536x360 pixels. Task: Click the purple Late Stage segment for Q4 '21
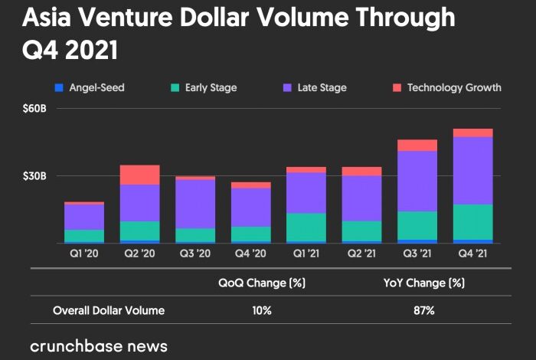pyautogui.click(x=472, y=170)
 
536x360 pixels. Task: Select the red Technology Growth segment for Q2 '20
pyautogui.click(x=139, y=175)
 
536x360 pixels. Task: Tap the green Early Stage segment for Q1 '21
pyautogui.click(x=306, y=227)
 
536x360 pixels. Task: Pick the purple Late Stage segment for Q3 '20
pyautogui.click(x=194, y=204)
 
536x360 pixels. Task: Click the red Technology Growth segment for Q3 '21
pyautogui.click(x=417, y=146)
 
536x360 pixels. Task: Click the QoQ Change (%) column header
pyautogui.click(x=262, y=283)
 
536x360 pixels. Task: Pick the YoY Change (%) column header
pyautogui.click(x=423, y=283)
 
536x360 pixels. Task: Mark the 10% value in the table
pyautogui.click(x=261, y=311)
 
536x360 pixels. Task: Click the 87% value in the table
pyautogui.click(x=423, y=311)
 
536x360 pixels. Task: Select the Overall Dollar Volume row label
pyautogui.click(x=109, y=311)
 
